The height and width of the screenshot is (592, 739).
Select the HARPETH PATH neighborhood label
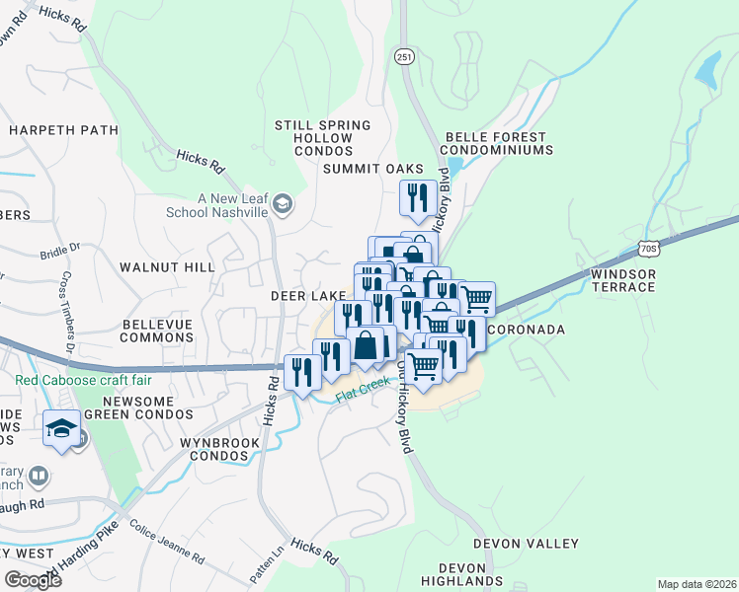tap(49, 129)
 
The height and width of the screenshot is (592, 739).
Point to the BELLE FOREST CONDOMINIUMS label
tap(498, 143)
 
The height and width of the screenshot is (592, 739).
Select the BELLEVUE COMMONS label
tap(157, 331)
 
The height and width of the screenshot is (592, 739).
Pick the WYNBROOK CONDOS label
tap(219, 450)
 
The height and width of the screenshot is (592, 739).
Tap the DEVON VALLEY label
tap(526, 544)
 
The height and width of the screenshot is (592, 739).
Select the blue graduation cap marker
tap(61, 429)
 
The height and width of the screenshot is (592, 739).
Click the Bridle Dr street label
tap(55, 254)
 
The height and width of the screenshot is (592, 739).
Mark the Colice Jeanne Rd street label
tap(167, 541)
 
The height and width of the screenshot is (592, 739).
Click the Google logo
tap(33, 579)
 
